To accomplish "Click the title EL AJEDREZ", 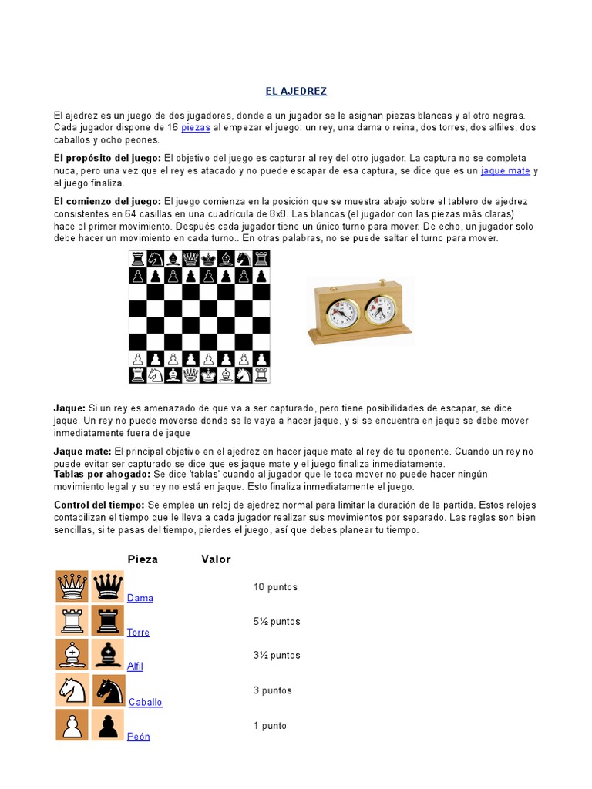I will [x=296, y=91].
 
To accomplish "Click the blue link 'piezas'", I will [x=195, y=127].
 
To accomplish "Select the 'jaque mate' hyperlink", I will [x=506, y=171].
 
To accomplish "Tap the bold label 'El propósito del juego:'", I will [x=107, y=158].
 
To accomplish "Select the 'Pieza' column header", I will [x=143, y=559].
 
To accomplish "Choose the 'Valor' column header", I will [x=216, y=559].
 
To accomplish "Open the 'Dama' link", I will [x=140, y=598].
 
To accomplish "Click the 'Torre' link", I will [x=138, y=633].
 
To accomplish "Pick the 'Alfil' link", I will [x=135, y=666].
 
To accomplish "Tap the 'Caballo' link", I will [x=146, y=702].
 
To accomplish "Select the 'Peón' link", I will [x=139, y=737].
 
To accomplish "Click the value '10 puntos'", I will [x=275, y=587].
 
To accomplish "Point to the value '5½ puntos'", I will [x=277, y=622].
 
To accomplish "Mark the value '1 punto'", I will [x=270, y=726].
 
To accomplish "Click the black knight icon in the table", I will [x=108, y=690].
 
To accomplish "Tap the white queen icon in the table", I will [x=72, y=587].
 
